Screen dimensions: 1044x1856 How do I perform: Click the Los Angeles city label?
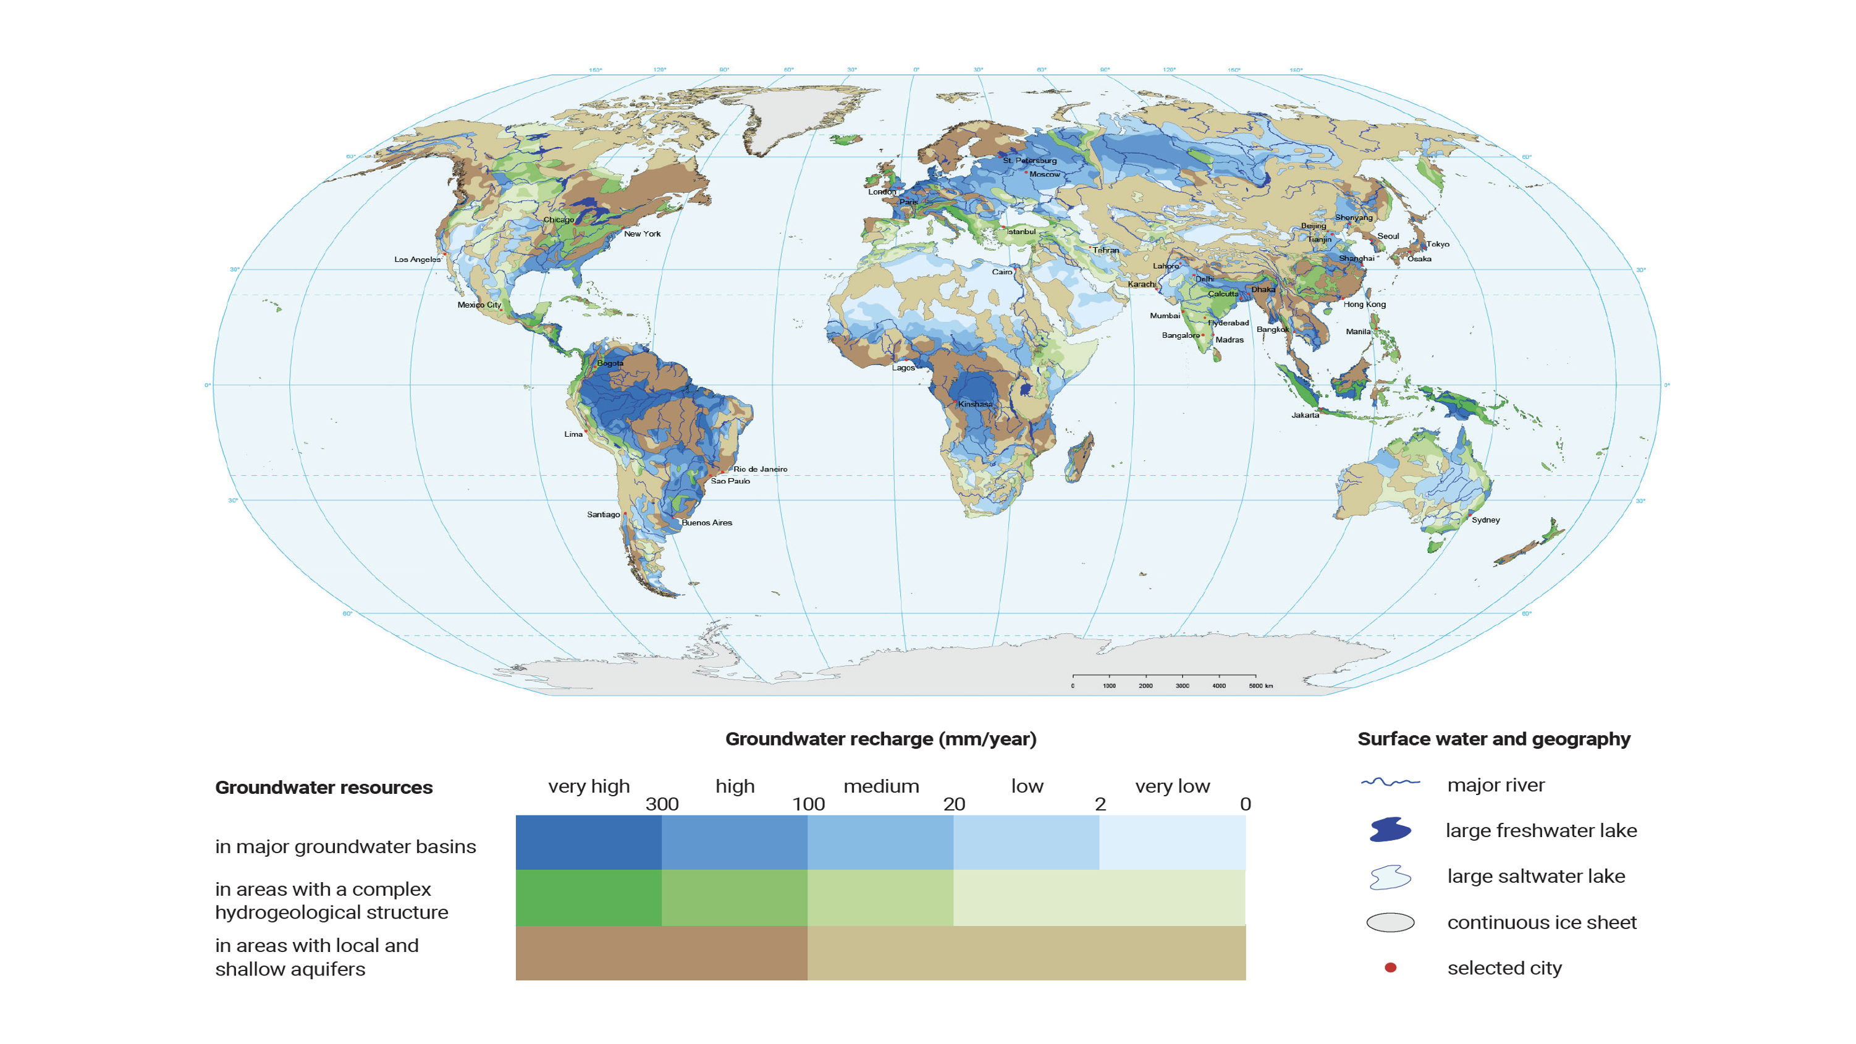pyautogui.click(x=417, y=259)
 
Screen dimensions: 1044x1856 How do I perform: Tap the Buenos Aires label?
pyautogui.click(x=706, y=523)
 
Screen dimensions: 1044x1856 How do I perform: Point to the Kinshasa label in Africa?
pyautogui.click(x=975, y=404)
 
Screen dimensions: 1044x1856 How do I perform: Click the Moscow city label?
pyautogui.click(x=1044, y=174)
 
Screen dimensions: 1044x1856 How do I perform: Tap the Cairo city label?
pyautogui.click(x=1002, y=272)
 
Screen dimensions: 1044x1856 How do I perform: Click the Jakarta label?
pyautogui.click(x=1305, y=415)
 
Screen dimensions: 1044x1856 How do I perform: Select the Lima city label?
pyautogui.click(x=573, y=434)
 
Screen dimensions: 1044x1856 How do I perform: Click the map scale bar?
pyautogui.click(x=1163, y=677)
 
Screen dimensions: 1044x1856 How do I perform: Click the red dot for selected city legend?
pyautogui.click(x=1390, y=967)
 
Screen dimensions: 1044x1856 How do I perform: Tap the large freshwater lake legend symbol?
pyautogui.click(x=1390, y=830)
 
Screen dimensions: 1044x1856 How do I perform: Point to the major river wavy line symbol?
pyautogui.click(x=1390, y=783)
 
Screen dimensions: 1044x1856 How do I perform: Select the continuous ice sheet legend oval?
pyautogui.click(x=1390, y=922)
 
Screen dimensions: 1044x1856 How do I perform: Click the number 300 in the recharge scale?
pyautogui.click(x=662, y=804)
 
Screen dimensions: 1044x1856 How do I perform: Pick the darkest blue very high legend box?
pyautogui.click(x=588, y=842)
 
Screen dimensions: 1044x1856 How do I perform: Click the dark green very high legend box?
pyautogui.click(x=588, y=898)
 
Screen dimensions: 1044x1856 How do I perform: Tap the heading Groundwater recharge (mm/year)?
pyautogui.click(x=880, y=739)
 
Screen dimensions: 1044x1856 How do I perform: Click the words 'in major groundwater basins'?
pyautogui.click(x=345, y=846)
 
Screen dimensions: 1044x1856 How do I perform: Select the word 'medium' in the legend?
pyautogui.click(x=880, y=786)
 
